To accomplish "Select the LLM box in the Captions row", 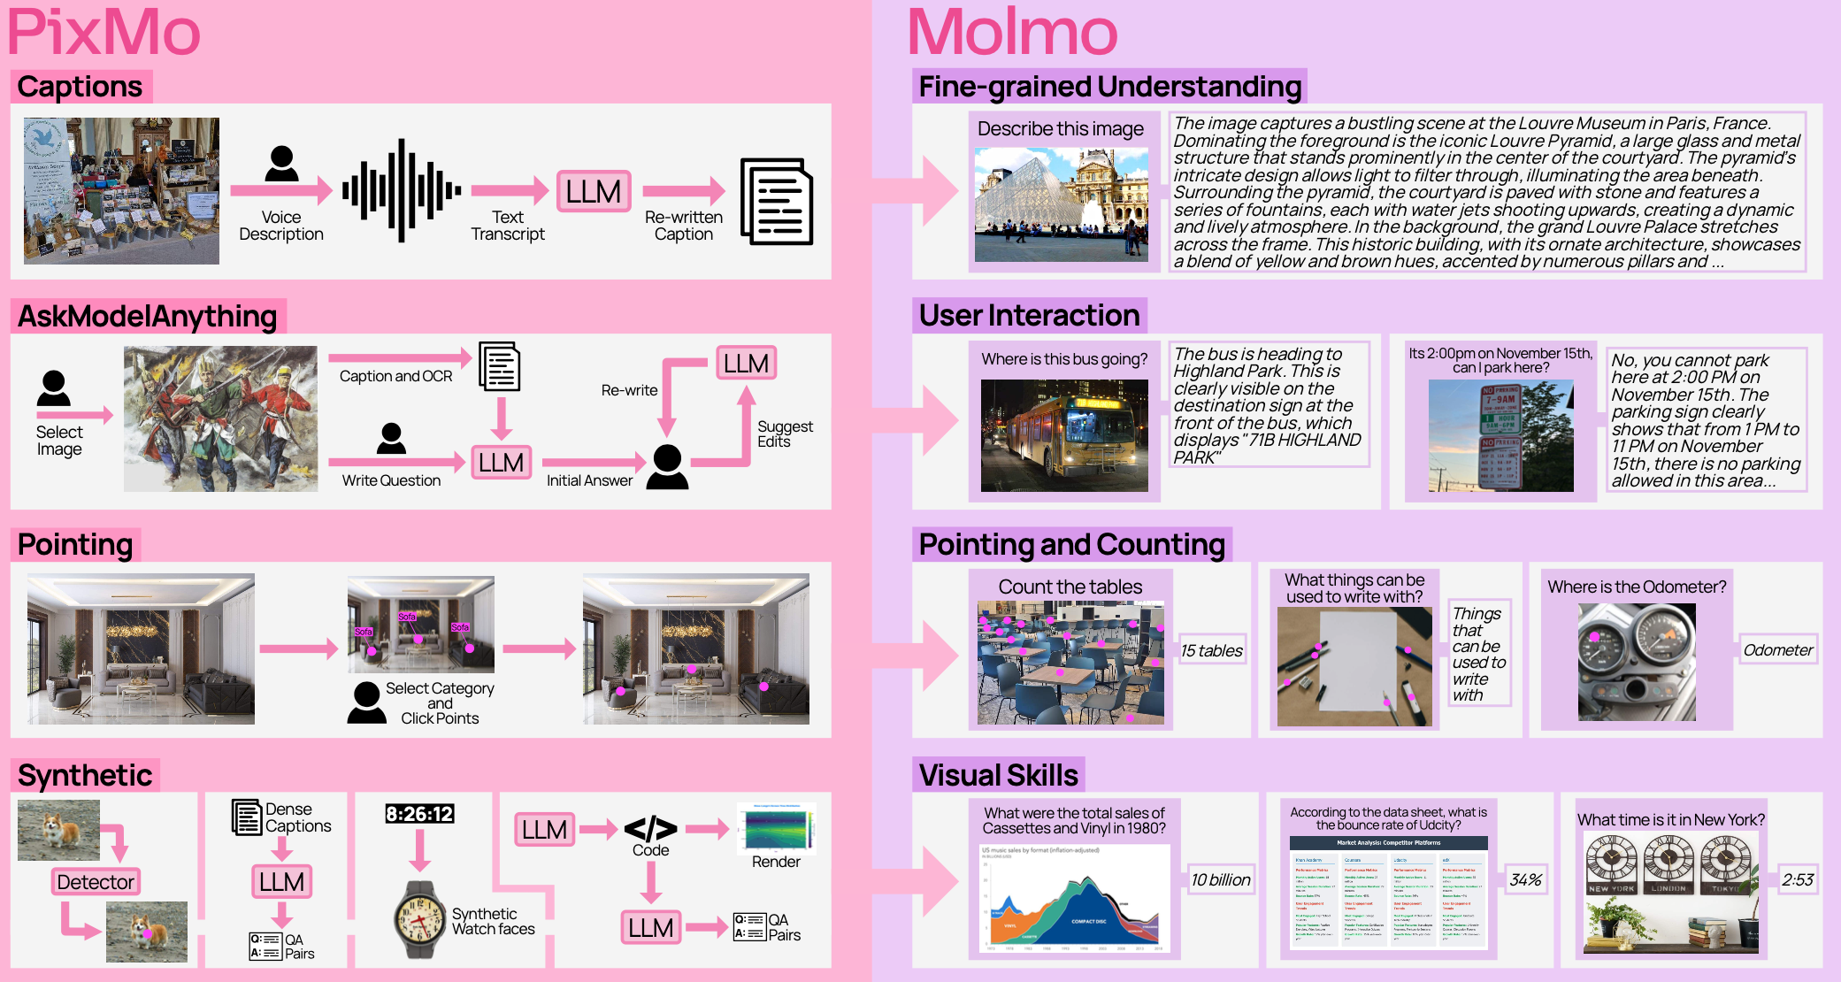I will (594, 191).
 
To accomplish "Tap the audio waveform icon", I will (401, 190).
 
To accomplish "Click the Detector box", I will (96, 882).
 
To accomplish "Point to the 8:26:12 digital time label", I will (419, 814).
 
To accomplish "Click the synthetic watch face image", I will (419, 920).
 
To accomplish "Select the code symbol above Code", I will (650, 829).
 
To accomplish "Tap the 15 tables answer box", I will (1211, 651).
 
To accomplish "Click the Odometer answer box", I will (1777, 650).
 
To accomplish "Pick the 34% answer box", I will (1525, 880).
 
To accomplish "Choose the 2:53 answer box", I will (1797, 880).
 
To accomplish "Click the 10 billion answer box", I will (1220, 880).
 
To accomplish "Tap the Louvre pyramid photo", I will (1061, 204).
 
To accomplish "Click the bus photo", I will (1064, 435).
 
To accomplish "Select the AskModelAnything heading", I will (148, 316).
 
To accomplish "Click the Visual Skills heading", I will (998, 775).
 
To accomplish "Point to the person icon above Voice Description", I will (281, 164).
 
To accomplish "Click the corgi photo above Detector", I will (58, 830).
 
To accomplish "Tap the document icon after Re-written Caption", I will (776, 202).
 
